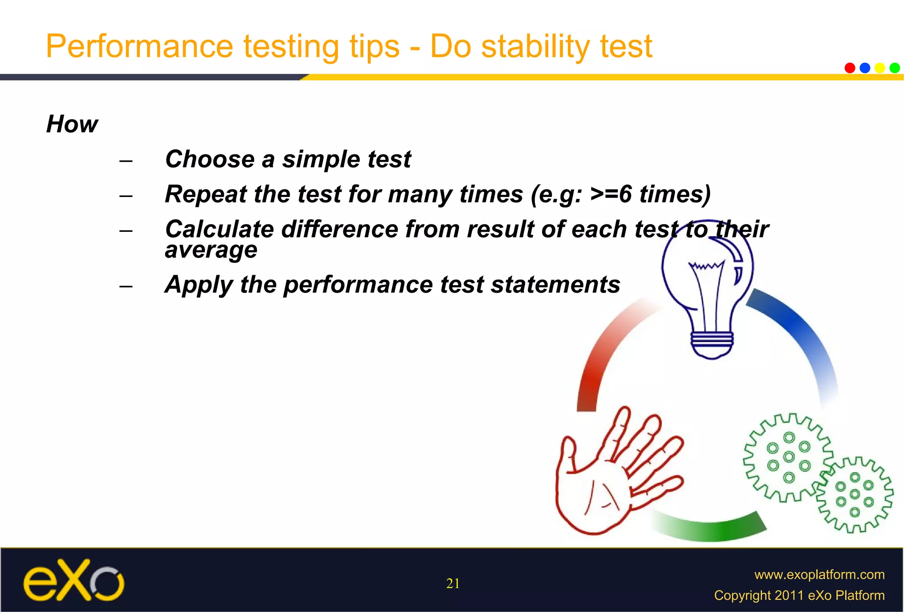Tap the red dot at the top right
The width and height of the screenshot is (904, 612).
(850, 68)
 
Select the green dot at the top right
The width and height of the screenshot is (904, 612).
(895, 68)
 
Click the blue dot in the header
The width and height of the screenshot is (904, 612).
(865, 68)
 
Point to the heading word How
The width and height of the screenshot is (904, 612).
(72, 124)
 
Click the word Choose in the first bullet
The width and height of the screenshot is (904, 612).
(210, 159)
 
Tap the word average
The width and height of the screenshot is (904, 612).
(211, 250)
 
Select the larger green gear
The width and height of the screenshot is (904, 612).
(788, 457)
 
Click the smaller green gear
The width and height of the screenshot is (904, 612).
(855, 495)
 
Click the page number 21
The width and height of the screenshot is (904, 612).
(453, 584)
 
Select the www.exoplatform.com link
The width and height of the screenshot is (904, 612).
(819, 574)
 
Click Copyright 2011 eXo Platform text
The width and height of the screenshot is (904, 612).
(799, 595)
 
